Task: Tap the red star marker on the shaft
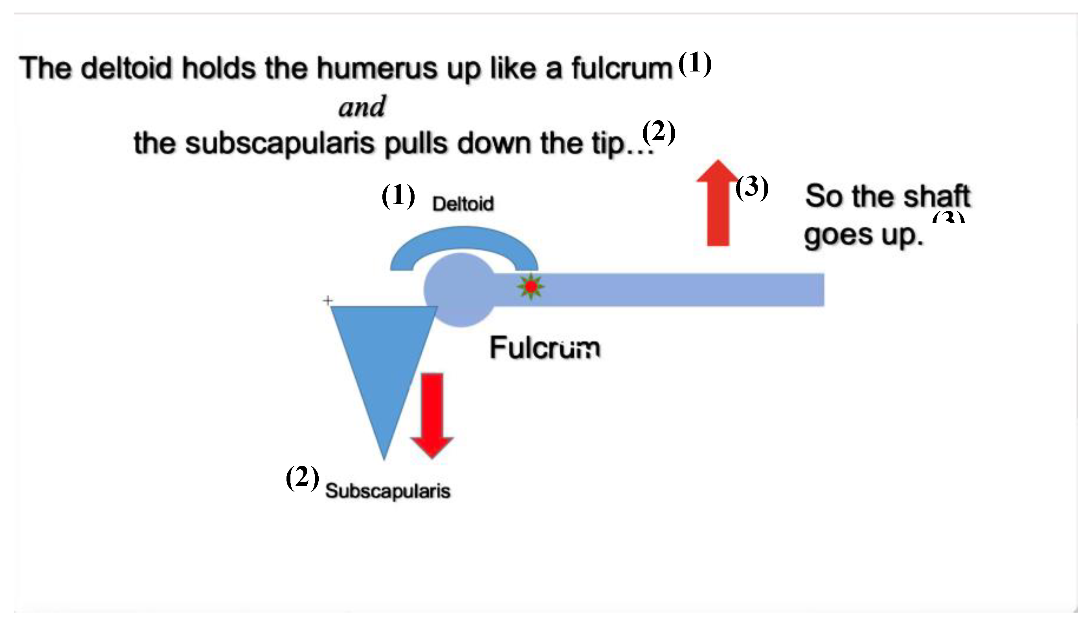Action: [x=531, y=287]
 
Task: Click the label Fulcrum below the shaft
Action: [x=545, y=348]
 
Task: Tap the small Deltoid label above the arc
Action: [x=463, y=204]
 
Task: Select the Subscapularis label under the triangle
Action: [x=388, y=491]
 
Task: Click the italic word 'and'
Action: [x=362, y=107]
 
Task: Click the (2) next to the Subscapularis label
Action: [x=302, y=478]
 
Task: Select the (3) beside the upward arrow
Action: [x=752, y=187]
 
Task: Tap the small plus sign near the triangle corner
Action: [x=328, y=300]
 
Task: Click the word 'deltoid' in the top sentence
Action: [x=126, y=68]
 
